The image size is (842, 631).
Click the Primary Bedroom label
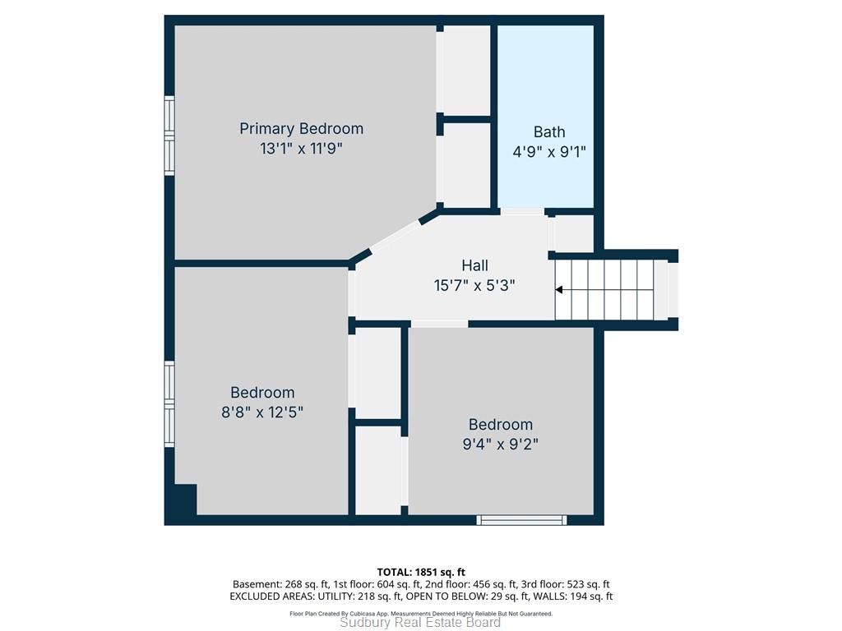pos(301,129)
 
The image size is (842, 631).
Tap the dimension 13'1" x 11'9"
pos(301,149)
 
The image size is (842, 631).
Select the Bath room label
pos(548,132)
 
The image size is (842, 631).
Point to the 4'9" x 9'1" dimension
pos(548,152)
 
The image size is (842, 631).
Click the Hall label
pos(474,265)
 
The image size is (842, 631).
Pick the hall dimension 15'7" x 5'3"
pos(474,285)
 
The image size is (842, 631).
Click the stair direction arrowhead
pos(558,290)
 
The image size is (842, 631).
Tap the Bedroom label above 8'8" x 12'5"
pos(262,393)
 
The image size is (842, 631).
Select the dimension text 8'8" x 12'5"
pos(262,412)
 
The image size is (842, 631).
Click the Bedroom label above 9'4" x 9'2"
pos(501,425)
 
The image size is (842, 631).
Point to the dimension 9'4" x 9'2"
pos(501,444)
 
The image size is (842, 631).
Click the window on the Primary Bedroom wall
pos(169,136)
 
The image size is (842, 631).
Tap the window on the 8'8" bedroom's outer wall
pos(169,404)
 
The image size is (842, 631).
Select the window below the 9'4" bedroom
pos(522,520)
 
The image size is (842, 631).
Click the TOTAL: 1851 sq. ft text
pos(421,572)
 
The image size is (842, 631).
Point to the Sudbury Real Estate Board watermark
pos(420,623)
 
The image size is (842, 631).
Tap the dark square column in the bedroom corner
pos(186,500)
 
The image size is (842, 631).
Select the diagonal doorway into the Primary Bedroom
pos(396,236)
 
